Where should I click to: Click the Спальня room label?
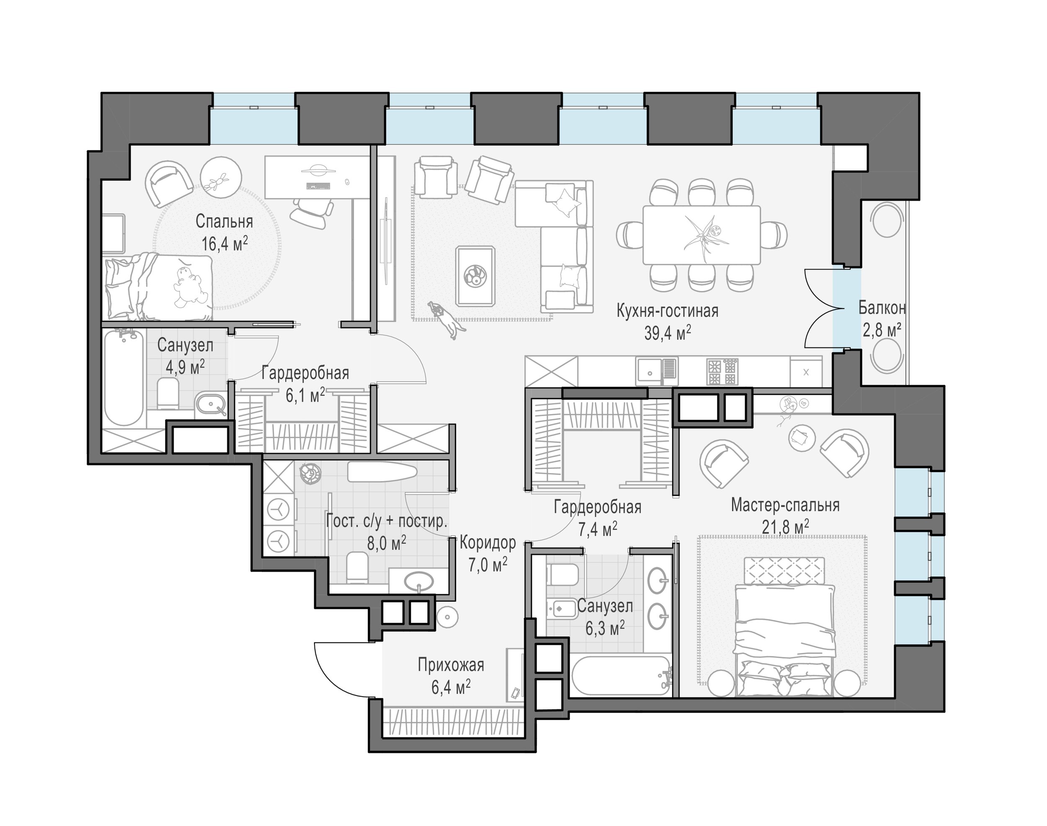pos(224,221)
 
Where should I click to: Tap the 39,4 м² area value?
pos(667,333)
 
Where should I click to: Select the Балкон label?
pos(882,307)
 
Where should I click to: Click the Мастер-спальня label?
pos(785,505)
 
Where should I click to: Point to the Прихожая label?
pos(451,665)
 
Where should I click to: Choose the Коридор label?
pos(488,543)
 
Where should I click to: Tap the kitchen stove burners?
pos(722,371)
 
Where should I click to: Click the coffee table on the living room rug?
pos(476,275)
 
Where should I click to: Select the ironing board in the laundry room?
pos(382,471)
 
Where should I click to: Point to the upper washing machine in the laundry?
pos(279,510)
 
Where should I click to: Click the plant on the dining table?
pos(704,234)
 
